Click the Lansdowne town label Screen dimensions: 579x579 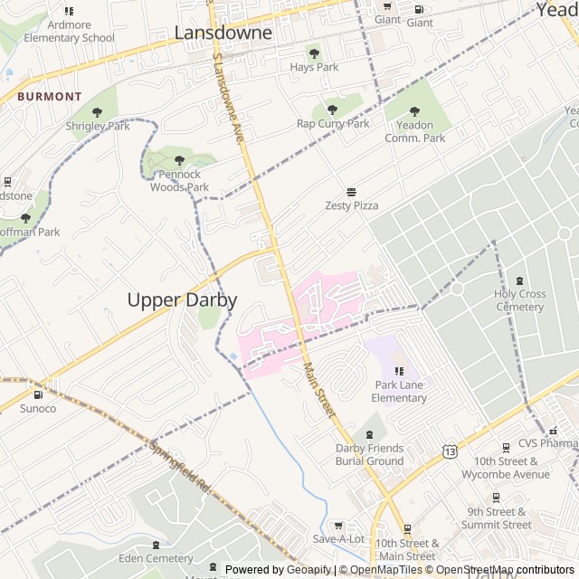click(223, 33)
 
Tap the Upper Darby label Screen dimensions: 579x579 click(182, 300)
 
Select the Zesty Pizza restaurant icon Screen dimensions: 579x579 click(351, 192)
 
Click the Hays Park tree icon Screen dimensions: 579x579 click(314, 53)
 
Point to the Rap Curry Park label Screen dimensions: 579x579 click(333, 123)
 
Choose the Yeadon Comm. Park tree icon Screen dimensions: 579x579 click(415, 112)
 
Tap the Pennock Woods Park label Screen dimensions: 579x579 click(179, 180)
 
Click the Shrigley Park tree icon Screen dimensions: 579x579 click(98, 113)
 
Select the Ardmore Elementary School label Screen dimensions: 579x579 click(70, 31)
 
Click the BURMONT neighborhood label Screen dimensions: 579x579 click(49, 96)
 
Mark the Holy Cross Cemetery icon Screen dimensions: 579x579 click(519, 281)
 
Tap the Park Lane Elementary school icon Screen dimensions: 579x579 click(399, 371)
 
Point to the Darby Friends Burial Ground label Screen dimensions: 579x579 click(369, 454)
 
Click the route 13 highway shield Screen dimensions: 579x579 click(450, 451)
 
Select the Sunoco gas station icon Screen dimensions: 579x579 click(38, 394)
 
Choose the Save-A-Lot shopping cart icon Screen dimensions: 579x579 click(338, 526)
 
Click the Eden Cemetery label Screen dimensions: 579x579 click(156, 558)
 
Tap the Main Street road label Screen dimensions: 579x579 click(319, 390)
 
